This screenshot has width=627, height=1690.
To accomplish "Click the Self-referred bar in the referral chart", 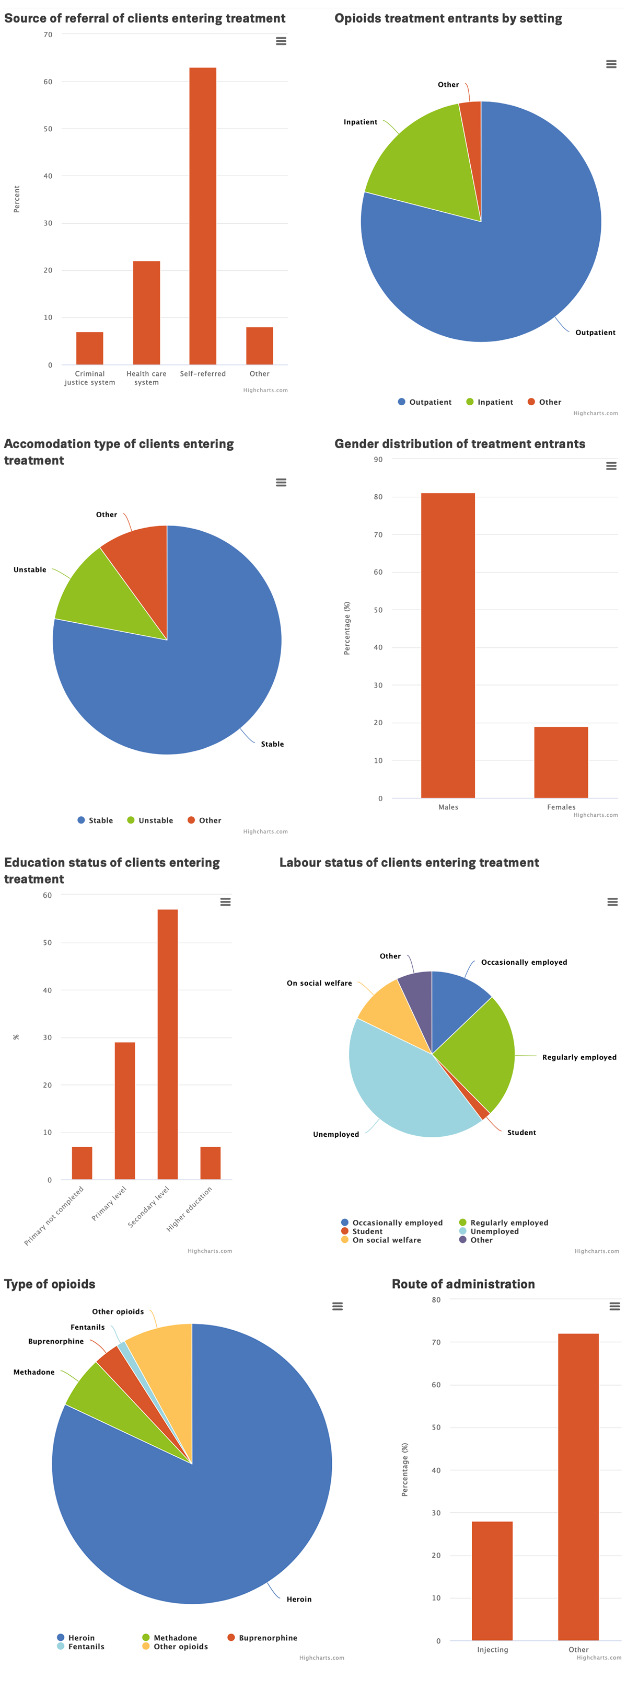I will (x=203, y=216).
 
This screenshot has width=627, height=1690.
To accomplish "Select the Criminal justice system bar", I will (x=90, y=348).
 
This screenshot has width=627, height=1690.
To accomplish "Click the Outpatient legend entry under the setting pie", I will (x=424, y=402).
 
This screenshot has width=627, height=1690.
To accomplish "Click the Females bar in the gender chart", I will (x=561, y=762).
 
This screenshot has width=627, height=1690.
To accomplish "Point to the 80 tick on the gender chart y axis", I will (x=378, y=497).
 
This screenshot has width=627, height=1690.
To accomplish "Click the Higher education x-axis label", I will (x=190, y=1208).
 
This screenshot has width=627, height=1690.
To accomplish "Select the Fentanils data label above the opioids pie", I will (x=87, y=1327).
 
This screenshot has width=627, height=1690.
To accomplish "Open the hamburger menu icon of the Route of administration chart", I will (x=614, y=1306).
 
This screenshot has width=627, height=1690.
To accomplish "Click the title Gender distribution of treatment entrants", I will (x=459, y=444).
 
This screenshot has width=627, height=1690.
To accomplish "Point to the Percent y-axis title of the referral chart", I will (x=17, y=199).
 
